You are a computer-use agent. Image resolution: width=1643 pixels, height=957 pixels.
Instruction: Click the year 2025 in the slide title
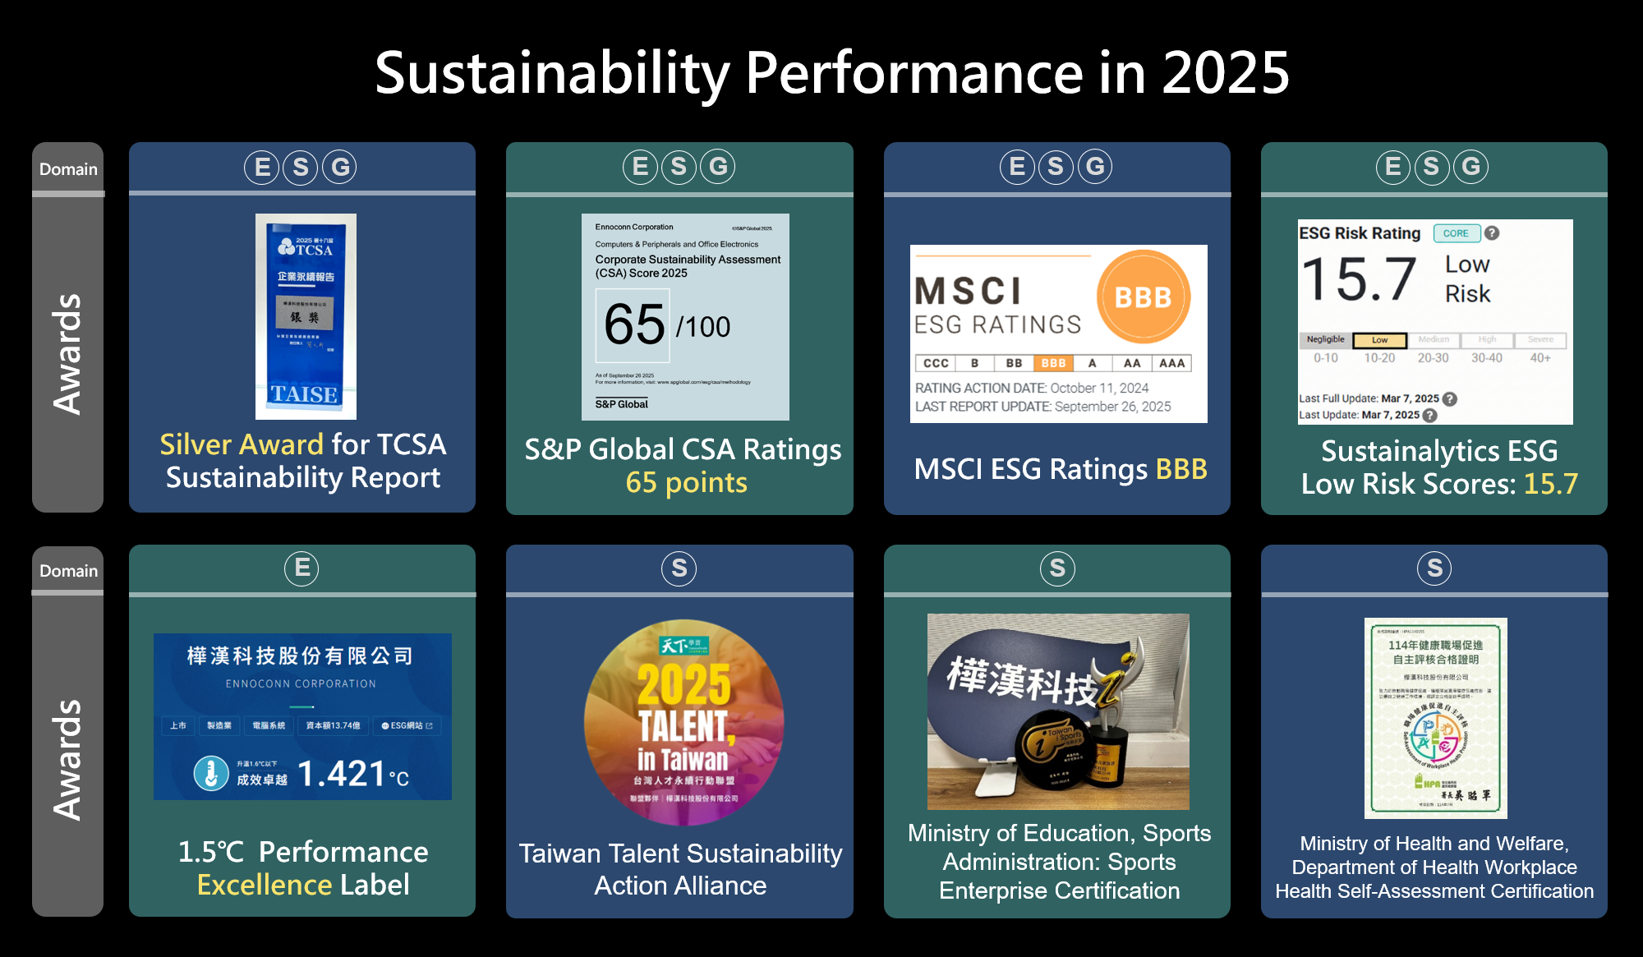pos(1225,73)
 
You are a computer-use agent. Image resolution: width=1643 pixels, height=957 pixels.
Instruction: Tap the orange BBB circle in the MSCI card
pos(1143,297)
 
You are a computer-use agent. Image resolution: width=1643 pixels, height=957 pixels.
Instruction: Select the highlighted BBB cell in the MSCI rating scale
pos(1053,363)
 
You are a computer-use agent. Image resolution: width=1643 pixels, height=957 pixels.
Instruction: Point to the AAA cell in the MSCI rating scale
pos(1171,363)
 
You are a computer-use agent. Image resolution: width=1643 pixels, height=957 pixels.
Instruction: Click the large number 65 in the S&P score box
pos(634,324)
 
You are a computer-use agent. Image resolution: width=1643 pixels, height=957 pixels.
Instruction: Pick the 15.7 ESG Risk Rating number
pos(1359,279)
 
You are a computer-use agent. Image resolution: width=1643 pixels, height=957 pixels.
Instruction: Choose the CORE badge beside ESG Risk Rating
pos(1456,233)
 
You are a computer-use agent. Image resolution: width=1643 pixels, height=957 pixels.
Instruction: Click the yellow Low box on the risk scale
pos(1379,340)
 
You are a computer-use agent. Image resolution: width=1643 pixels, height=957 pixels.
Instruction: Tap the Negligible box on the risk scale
pos(1325,340)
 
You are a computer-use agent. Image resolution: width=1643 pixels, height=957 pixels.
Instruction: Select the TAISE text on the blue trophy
pos(305,394)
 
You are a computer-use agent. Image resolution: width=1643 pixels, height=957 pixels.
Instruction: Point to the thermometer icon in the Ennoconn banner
pos(211,774)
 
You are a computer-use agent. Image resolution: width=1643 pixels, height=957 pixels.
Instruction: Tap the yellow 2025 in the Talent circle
pos(683,685)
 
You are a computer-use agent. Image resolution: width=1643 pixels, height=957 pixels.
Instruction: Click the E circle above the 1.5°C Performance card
pos(301,568)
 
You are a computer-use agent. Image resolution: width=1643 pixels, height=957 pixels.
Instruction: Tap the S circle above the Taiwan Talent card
pos(679,568)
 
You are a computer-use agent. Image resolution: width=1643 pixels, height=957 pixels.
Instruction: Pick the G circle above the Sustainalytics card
pos(1470,167)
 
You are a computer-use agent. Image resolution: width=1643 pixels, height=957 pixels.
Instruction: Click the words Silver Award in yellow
pos(242,444)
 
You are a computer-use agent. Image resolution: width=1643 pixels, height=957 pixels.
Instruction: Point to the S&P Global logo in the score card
pos(622,404)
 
